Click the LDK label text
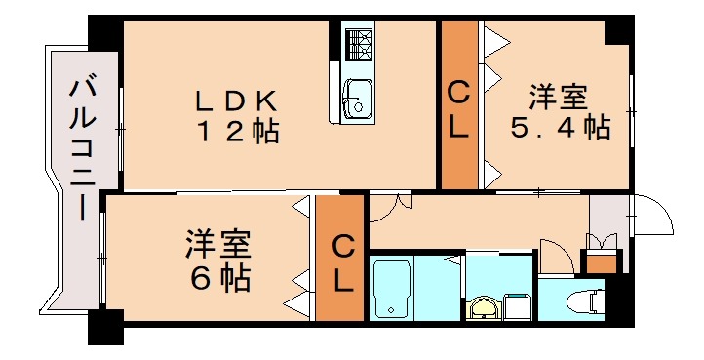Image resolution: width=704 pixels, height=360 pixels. point(238,100)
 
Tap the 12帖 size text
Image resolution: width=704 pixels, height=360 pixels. point(238,131)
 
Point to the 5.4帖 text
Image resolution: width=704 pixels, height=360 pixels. point(560,127)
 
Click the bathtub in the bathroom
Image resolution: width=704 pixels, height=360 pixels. point(391,288)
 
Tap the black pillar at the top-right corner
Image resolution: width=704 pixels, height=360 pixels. point(618,30)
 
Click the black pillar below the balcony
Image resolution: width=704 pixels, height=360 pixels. point(105,327)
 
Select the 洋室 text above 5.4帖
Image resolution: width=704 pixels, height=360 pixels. point(559,98)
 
